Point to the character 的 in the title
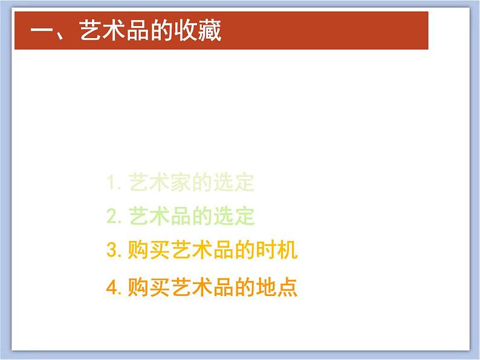(160, 31)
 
